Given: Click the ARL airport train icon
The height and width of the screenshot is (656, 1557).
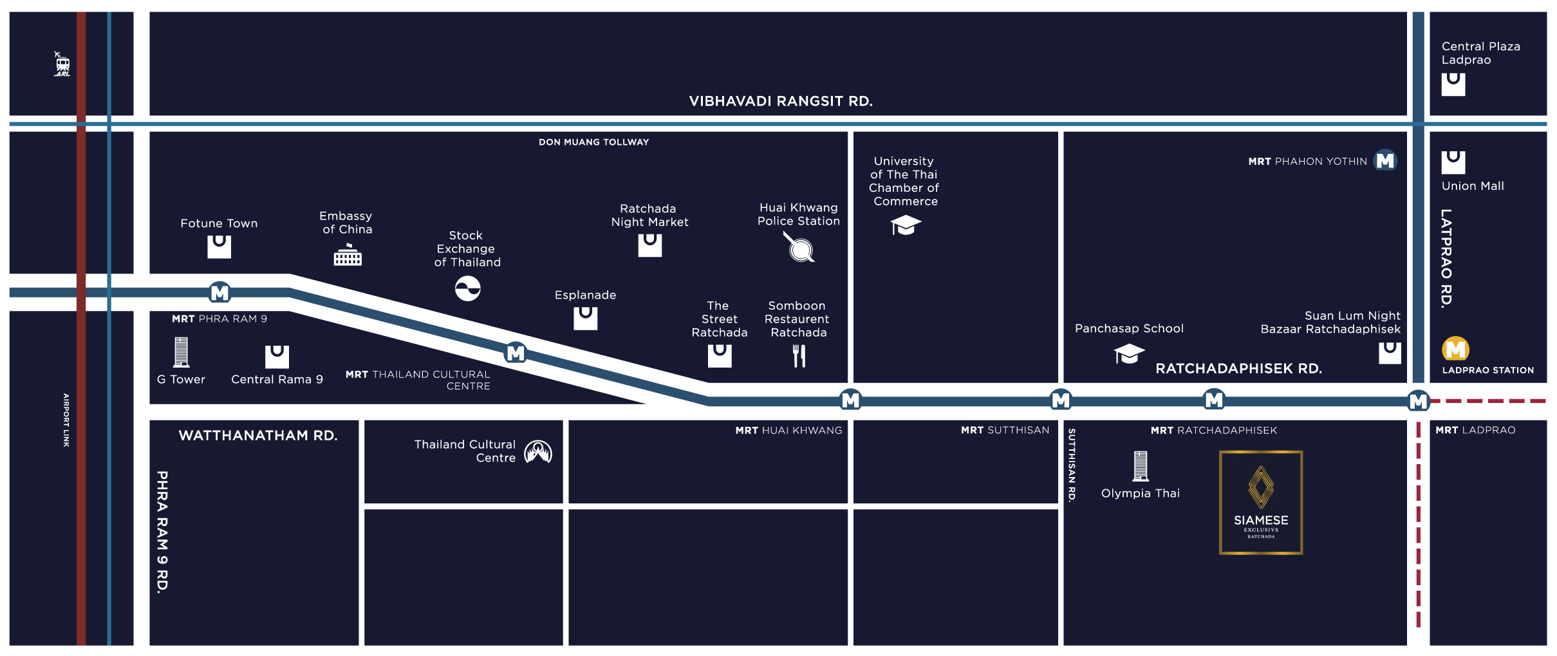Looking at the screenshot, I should click(x=62, y=64).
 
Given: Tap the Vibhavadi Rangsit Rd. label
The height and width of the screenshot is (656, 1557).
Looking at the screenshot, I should click(x=780, y=101).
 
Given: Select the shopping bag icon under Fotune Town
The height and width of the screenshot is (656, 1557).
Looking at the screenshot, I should click(x=219, y=246).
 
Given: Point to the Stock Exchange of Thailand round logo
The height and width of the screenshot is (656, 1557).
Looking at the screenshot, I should click(x=468, y=288).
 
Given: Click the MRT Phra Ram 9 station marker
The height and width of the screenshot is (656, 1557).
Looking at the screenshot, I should click(x=219, y=293).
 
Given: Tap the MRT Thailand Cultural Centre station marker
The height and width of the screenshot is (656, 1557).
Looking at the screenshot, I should click(x=516, y=353).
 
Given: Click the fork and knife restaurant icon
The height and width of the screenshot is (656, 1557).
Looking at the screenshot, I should click(x=799, y=355).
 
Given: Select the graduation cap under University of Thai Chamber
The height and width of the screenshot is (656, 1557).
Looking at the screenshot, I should click(x=905, y=225).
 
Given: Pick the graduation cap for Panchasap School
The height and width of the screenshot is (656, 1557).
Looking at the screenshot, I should click(x=1129, y=353).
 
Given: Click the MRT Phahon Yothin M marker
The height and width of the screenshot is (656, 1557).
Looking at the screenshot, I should click(x=1385, y=160).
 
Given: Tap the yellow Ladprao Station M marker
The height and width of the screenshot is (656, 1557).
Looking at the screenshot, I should click(x=1455, y=349).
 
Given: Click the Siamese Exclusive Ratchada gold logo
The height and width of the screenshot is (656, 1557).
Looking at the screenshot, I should click(x=1260, y=502).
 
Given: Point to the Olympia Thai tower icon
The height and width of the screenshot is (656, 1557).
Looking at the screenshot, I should click(x=1140, y=466).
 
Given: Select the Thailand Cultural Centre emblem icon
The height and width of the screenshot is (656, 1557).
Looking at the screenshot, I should click(x=538, y=452).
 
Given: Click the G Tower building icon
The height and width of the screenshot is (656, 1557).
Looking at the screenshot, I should click(x=181, y=352).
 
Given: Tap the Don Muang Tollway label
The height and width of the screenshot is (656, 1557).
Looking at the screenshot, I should click(x=593, y=142).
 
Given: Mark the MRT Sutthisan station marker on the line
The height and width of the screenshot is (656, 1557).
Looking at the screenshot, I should click(x=1060, y=400).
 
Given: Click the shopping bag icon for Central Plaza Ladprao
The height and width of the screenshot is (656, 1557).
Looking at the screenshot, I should click(x=1453, y=84).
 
